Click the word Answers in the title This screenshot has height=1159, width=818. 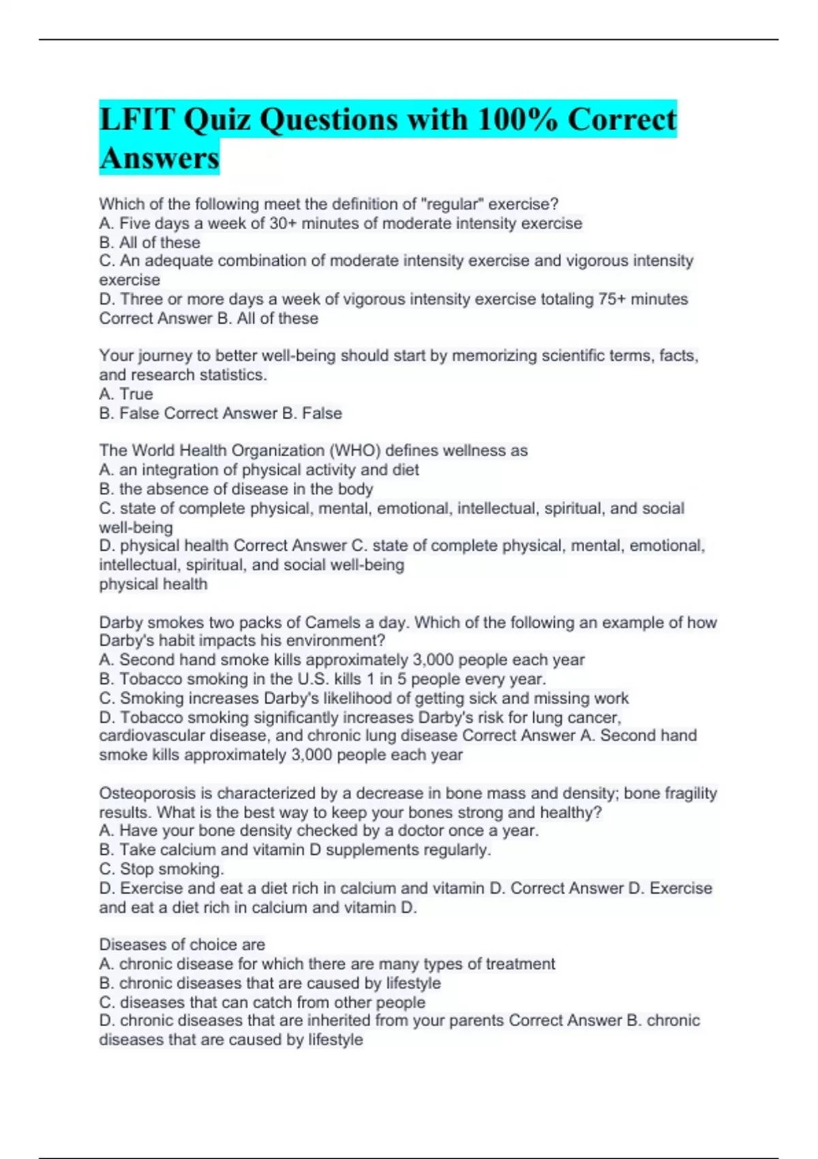point(159,158)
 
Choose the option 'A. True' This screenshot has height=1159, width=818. point(126,394)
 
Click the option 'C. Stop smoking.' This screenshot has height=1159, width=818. point(162,869)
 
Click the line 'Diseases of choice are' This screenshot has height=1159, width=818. point(182,945)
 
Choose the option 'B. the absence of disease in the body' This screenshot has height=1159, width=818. point(236,490)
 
